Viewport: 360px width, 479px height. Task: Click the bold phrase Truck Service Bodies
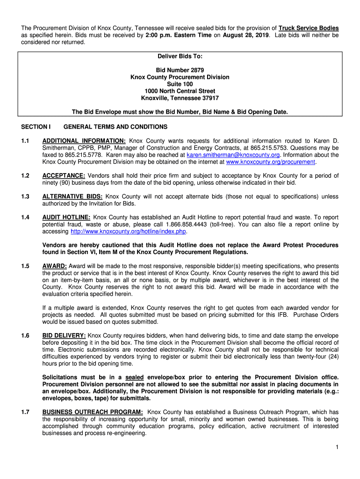(309, 28)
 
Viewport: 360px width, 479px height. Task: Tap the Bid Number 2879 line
(180, 70)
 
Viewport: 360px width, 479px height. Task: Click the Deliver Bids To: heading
(180, 56)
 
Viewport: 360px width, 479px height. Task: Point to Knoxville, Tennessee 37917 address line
(180, 98)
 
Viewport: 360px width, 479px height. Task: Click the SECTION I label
(36, 127)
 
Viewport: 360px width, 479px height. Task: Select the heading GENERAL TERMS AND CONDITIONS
(115, 127)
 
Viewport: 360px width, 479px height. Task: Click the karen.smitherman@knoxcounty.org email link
(233, 155)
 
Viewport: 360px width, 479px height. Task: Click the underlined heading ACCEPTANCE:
(64, 176)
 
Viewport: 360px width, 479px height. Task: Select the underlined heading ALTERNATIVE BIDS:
(73, 196)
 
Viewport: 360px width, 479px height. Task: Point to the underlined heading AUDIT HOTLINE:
(66, 218)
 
